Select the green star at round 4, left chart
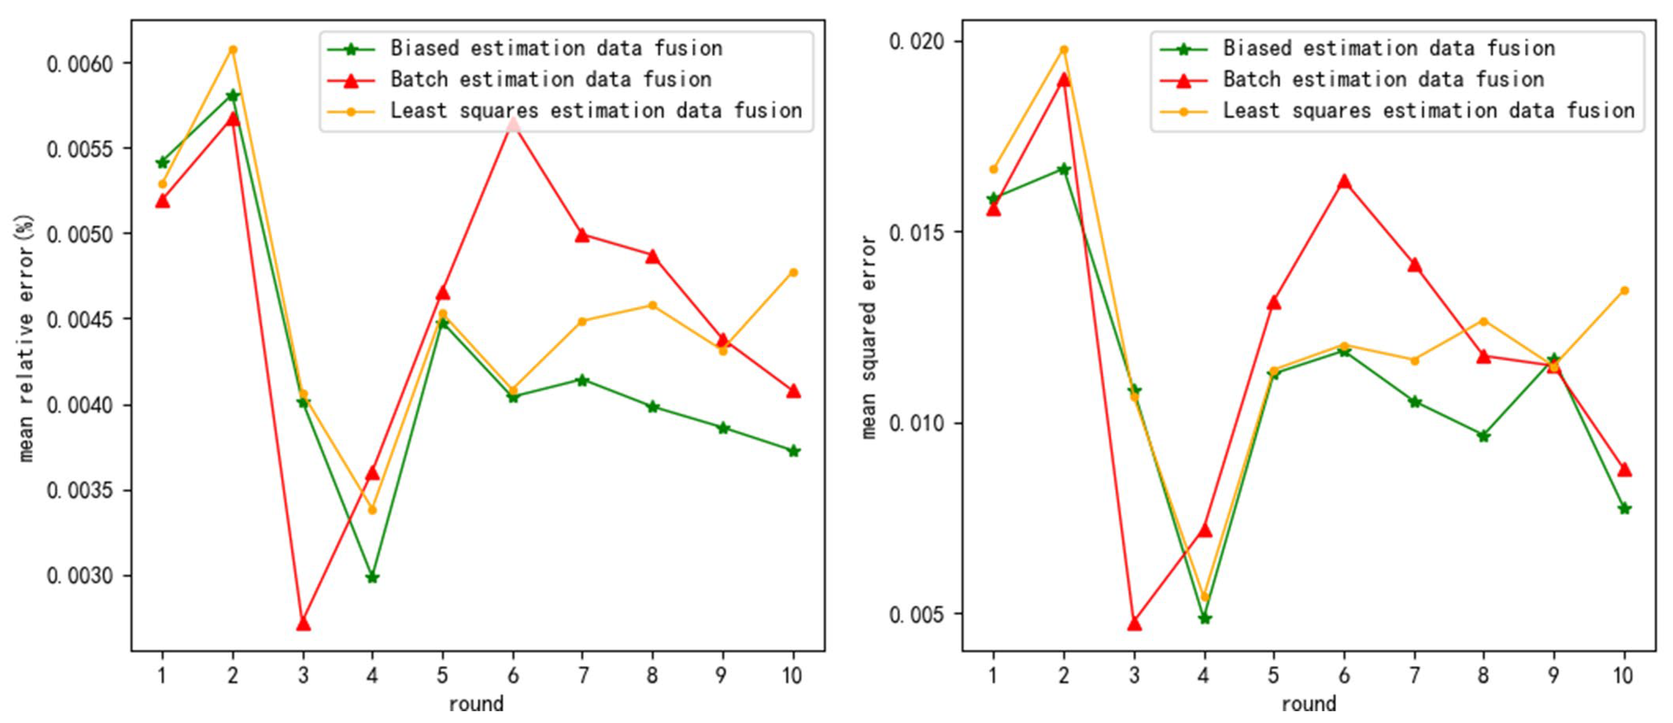pos(372,577)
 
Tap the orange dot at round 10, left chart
pos(793,272)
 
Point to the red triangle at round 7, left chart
pos(583,235)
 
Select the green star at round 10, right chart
pos(1624,509)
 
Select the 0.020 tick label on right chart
pos(916,42)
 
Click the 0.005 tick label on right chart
pos(916,614)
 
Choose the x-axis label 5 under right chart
pos(1274,676)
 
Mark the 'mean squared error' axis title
pos(868,338)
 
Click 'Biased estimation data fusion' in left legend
pos(556,48)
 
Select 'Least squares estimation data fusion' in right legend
pos(1429,111)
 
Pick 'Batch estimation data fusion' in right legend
pos(1383,79)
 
